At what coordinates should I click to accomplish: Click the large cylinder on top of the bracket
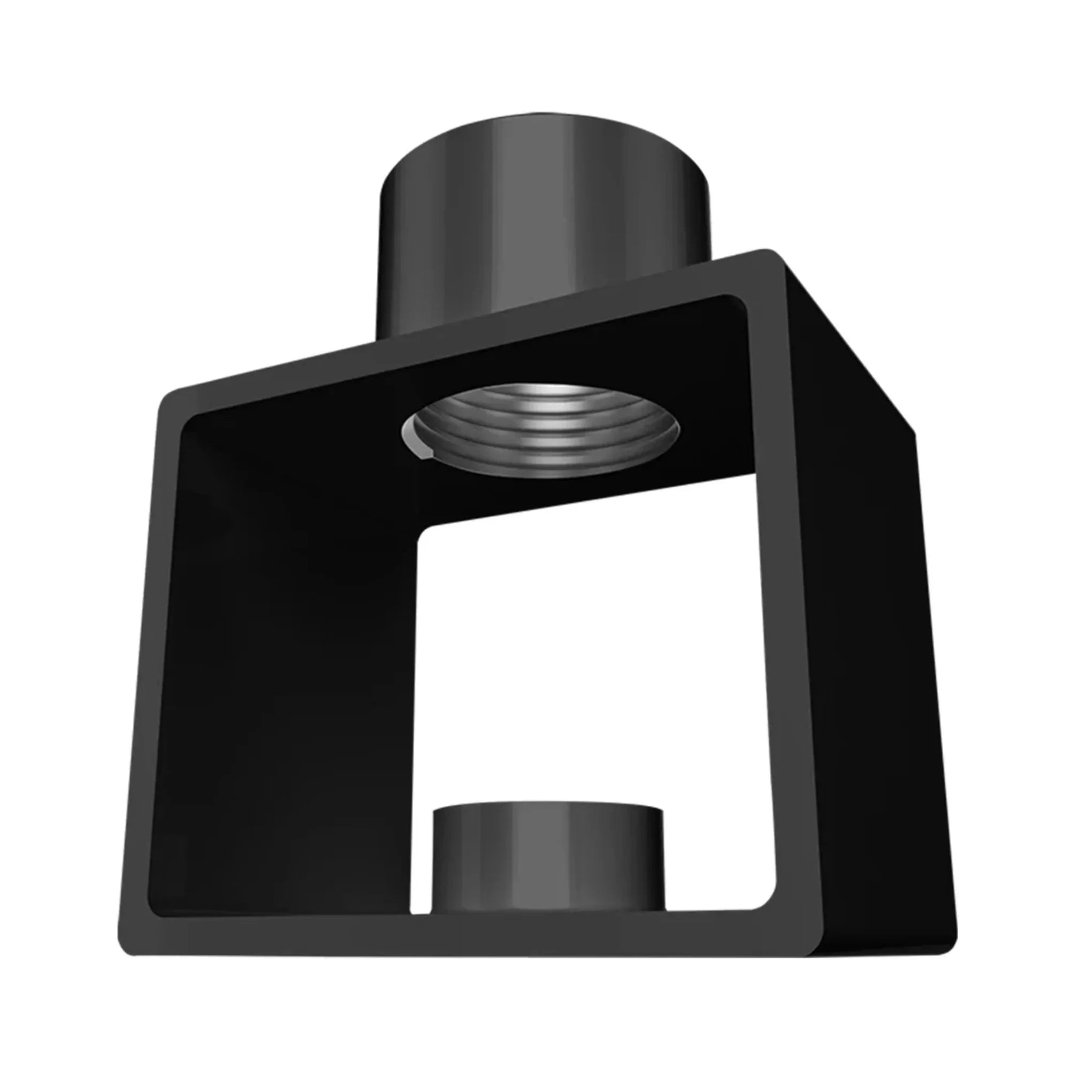[x=542, y=221]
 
